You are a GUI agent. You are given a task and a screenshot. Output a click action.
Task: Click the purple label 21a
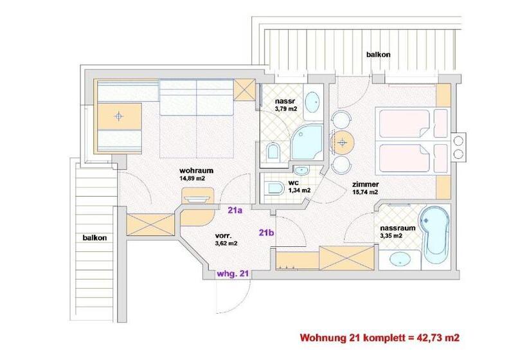pyautogui.click(x=235, y=209)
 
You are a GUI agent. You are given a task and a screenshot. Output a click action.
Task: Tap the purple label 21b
pyautogui.click(x=267, y=233)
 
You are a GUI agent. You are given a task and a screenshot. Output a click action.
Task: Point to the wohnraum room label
pyautogui.click(x=196, y=170)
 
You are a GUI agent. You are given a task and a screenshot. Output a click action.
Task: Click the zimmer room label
pyautogui.click(x=364, y=183)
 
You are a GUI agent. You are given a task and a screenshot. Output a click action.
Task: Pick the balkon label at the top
pyautogui.click(x=377, y=55)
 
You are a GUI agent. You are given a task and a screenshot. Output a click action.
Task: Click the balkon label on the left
pyautogui.click(x=94, y=237)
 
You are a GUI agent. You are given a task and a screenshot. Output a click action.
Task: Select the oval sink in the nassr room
pyautogui.click(x=312, y=101)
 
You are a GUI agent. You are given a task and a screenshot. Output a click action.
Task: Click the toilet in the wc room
pyautogui.click(x=273, y=188)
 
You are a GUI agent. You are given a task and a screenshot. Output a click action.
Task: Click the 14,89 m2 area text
pyautogui.click(x=192, y=179)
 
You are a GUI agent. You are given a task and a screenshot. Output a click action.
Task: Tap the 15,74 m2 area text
pyautogui.click(x=364, y=192)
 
